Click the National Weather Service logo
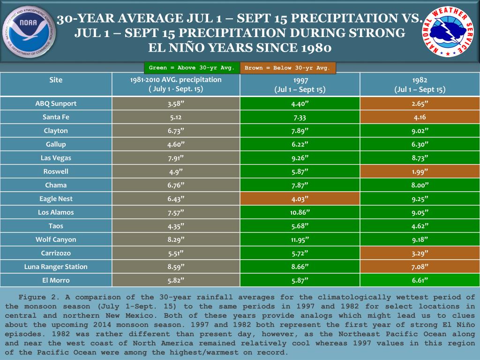pos(448,31)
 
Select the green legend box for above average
pos(191,68)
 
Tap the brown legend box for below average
pos(287,68)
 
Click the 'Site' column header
pos(56,80)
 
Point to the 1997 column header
pos(300,84)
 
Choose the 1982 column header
pos(420,84)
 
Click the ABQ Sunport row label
pos(56,104)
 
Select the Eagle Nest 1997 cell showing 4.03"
pos(300,199)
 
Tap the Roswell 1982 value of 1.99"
pos(420,172)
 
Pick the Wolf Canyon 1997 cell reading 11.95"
pos(300,240)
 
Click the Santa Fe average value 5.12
pos(176,117)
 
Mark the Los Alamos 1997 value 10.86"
pos(300,212)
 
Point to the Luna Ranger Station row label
pos(56,267)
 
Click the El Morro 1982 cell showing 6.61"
pos(420,280)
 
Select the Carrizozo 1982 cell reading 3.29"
pos(420,253)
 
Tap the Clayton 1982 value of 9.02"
pos(420,131)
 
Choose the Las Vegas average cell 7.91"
pos(176,158)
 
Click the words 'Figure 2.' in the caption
pos(32,297)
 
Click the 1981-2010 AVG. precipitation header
pos(176,84)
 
